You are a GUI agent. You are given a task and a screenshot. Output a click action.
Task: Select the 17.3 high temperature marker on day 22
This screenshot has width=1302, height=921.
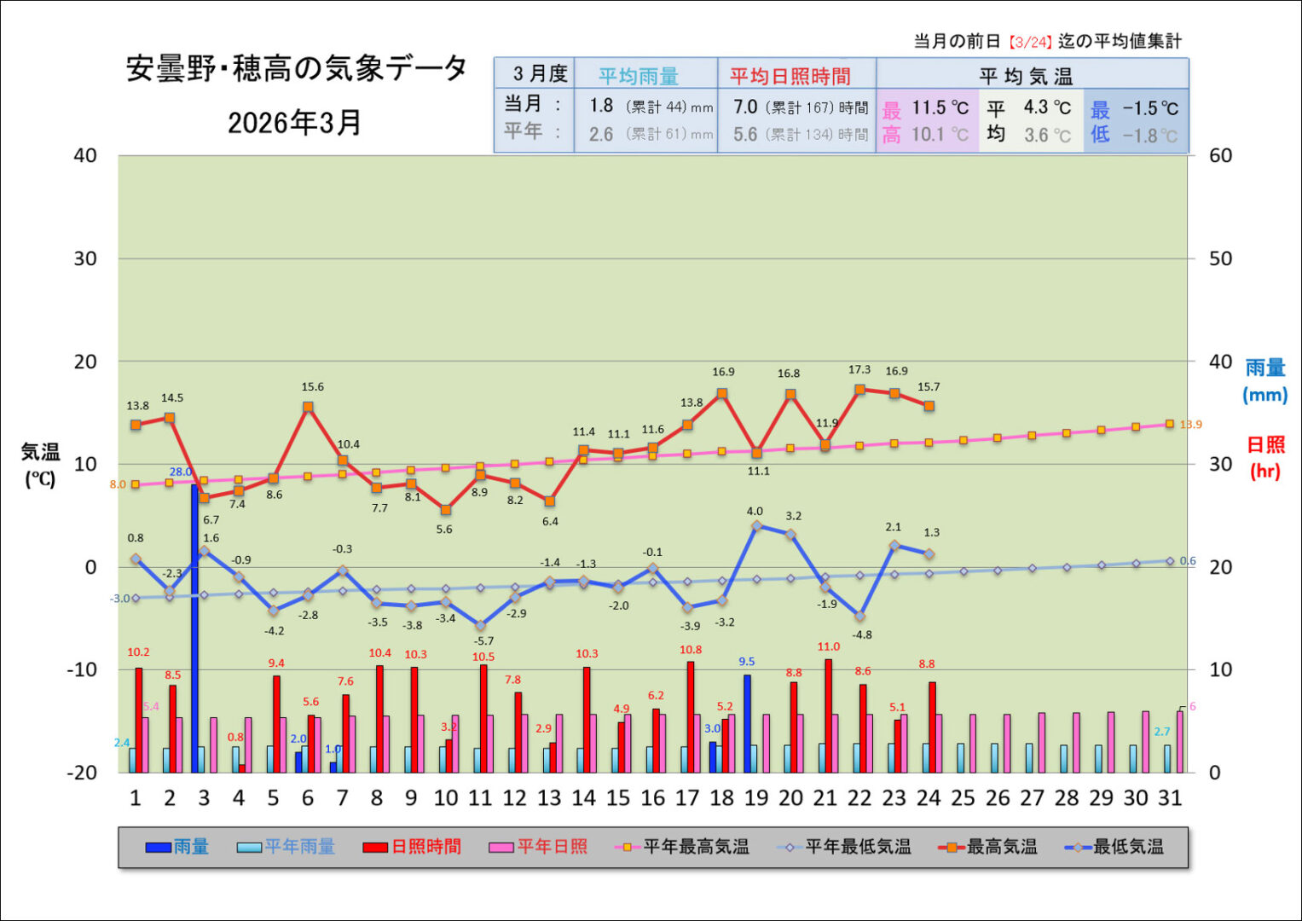[x=859, y=390]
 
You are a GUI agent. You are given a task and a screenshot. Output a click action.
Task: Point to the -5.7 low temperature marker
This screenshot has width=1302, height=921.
[x=481, y=626]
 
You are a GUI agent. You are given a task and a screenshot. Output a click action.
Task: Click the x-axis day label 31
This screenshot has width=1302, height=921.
[x=1170, y=798]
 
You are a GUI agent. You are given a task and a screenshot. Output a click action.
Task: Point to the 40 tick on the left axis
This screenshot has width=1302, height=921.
[x=85, y=155]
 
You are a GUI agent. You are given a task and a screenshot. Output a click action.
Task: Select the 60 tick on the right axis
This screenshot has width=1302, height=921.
[x=1221, y=155]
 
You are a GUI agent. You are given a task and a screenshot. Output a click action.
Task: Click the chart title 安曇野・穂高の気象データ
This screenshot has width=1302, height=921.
[x=296, y=69]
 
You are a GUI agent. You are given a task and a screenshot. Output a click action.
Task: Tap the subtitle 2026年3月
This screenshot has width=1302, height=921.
[x=294, y=123]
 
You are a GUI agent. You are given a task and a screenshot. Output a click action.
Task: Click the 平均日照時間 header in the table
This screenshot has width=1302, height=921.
[x=790, y=76]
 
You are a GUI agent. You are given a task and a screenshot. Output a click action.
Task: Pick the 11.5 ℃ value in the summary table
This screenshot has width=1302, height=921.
[x=940, y=107]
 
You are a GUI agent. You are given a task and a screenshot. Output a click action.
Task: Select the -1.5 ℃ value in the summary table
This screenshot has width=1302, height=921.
[x=1149, y=108]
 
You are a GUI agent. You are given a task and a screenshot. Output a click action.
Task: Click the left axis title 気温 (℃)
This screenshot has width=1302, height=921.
[x=40, y=465]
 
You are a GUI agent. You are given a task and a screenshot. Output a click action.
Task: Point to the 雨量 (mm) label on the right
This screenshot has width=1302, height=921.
[x=1264, y=380]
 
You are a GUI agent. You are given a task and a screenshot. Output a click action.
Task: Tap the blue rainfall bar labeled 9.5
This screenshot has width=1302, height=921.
[x=747, y=723]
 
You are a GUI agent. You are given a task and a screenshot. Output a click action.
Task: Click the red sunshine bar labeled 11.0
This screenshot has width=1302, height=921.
[x=828, y=715]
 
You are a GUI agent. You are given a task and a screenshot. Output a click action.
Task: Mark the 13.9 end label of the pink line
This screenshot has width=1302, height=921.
[x=1190, y=425]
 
